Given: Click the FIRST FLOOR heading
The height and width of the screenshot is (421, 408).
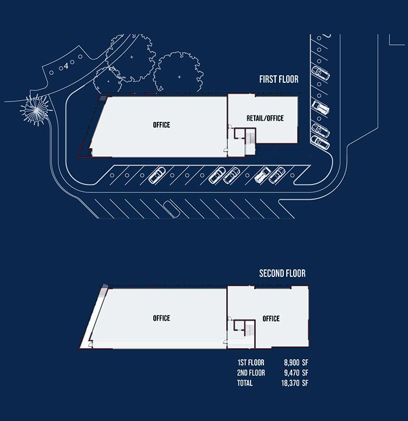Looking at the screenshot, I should pyautogui.click(x=279, y=79).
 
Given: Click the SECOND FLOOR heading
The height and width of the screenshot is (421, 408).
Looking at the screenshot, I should pyautogui.click(x=282, y=273).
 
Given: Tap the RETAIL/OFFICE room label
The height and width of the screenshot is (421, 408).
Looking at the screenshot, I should pyautogui.click(x=265, y=118).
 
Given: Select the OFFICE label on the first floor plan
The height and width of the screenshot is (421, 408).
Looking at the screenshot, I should pyautogui.click(x=161, y=125).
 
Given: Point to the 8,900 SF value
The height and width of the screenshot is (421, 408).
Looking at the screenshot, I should pyautogui.click(x=296, y=362).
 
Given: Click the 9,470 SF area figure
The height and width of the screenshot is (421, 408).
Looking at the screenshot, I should pyautogui.click(x=296, y=373).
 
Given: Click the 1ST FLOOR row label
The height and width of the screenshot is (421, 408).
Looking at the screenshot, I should pyautogui.click(x=252, y=362).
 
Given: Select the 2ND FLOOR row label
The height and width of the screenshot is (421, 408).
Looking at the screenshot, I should pyautogui.click(x=252, y=373).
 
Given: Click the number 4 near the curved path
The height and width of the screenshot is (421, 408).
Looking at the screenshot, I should pyautogui.click(x=66, y=66).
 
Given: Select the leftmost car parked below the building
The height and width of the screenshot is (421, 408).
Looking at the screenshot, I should pyautogui.click(x=156, y=175).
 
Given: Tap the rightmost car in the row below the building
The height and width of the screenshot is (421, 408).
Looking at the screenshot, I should pyautogui.click(x=279, y=174).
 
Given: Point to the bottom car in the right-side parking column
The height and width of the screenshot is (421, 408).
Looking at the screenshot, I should pyautogui.click(x=321, y=142).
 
